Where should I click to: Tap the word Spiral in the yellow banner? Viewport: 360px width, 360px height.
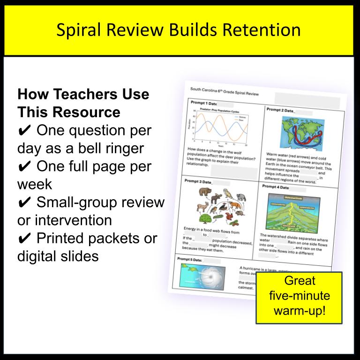tap(81, 30)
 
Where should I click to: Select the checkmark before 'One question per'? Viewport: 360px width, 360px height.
tap(25, 130)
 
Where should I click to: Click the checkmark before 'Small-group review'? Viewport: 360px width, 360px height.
tap(25, 202)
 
